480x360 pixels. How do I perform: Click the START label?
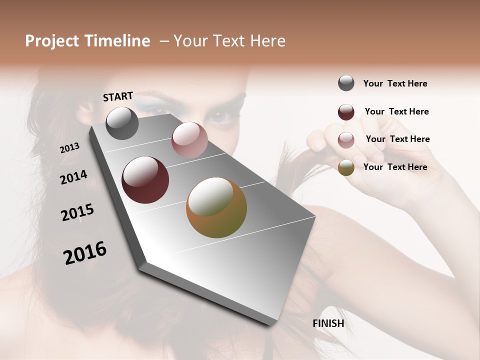(x=118, y=96)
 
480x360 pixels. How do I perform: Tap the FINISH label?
(x=328, y=323)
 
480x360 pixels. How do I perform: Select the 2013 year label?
(x=69, y=148)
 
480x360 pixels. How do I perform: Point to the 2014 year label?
(x=73, y=177)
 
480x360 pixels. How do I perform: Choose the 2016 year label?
(x=85, y=253)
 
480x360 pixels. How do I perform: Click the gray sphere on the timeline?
(x=122, y=123)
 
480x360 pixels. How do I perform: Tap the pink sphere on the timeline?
(x=189, y=140)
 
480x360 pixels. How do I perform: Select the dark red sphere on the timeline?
(x=145, y=180)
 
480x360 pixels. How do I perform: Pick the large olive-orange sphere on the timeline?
(x=216, y=207)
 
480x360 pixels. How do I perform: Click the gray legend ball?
(x=346, y=83)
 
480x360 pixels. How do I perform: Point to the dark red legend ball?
(x=346, y=112)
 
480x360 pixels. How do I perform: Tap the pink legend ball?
(x=346, y=140)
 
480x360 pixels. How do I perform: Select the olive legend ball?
(x=346, y=167)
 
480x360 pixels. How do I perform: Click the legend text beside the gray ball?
(x=395, y=83)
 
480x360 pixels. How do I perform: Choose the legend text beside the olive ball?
(x=395, y=167)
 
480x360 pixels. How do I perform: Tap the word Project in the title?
(x=52, y=41)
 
